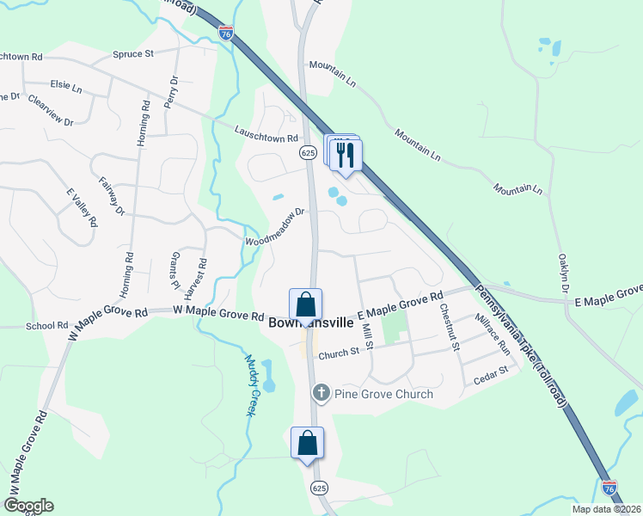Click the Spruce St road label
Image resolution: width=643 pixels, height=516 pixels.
point(132,53)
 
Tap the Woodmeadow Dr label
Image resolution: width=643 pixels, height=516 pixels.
point(276,226)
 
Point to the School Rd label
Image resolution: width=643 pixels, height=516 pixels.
point(46,326)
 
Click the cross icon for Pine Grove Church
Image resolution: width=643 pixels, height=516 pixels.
point(321,394)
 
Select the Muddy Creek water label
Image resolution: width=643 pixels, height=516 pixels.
point(251,386)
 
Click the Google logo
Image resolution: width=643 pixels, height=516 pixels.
point(28,506)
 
